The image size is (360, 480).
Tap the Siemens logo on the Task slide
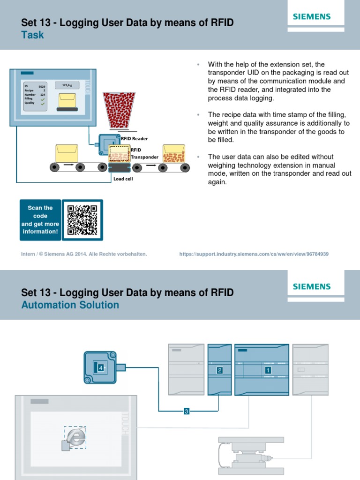(x=312, y=16)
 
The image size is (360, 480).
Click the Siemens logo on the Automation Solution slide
(x=312, y=286)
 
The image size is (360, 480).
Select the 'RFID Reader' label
(x=135, y=139)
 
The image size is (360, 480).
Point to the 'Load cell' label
(x=123, y=179)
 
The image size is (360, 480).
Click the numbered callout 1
(x=268, y=370)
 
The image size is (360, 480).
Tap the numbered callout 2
(x=219, y=370)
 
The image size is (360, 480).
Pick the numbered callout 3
(x=186, y=412)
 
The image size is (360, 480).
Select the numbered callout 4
(x=100, y=368)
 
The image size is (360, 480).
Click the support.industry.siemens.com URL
(x=254, y=254)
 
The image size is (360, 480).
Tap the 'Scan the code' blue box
(x=40, y=220)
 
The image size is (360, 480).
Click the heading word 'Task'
(x=33, y=35)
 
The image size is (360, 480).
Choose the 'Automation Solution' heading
(x=70, y=305)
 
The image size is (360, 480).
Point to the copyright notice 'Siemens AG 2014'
(x=84, y=254)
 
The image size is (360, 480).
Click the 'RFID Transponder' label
(x=144, y=154)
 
